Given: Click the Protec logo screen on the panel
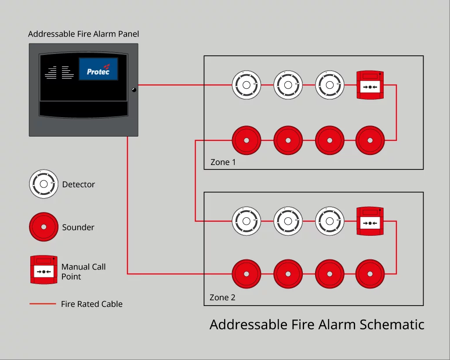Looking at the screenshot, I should (98, 69).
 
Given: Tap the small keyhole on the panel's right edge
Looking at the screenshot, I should (134, 90).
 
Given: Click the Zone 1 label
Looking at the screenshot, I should (223, 162).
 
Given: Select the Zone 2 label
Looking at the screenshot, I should (222, 298).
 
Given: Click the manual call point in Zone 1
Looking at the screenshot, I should (370, 85).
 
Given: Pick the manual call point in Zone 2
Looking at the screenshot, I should (370, 221).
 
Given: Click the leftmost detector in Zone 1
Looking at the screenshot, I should (247, 85).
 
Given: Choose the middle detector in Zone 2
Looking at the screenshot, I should (288, 221).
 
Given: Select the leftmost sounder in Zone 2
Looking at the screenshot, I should (247, 274).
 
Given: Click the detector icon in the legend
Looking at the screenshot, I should (44, 184).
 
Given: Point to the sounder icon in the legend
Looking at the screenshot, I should (44, 227).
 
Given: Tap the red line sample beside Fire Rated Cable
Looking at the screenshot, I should (43, 304).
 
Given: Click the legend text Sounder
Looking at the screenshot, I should (78, 227).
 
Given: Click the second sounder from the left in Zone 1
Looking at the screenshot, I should (288, 140).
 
